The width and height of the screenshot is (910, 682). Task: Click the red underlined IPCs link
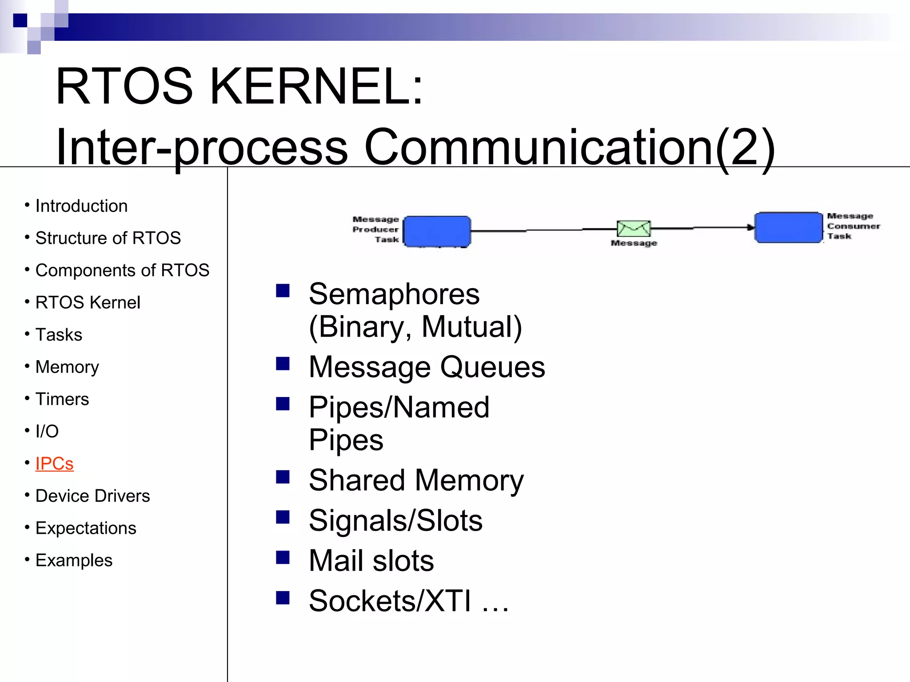[54, 464]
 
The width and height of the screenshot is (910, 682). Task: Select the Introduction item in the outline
[81, 206]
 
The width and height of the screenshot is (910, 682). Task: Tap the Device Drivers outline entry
[92, 496]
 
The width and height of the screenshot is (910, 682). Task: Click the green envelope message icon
[634, 229]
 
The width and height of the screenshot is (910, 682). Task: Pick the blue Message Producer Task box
[437, 231]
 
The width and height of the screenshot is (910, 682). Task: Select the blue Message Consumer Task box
[789, 227]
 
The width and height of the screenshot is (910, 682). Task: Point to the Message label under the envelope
[634, 243]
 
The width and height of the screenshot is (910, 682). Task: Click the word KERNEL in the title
[315, 86]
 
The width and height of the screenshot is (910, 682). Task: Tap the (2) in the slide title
[746, 147]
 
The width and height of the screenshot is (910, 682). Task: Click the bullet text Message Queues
[427, 367]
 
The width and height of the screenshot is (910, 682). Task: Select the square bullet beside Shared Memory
[283, 477]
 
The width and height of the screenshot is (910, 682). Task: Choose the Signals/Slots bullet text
[395, 520]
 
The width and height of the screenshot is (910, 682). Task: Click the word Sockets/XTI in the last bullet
[389, 601]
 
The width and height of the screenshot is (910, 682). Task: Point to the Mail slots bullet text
[371, 560]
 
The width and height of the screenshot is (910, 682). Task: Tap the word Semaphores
[394, 294]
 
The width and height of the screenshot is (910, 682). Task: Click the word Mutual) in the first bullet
[472, 327]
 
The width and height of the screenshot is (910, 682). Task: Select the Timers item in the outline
[62, 399]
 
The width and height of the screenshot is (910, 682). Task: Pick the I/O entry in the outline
[47, 431]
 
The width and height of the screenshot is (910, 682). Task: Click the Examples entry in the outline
[74, 560]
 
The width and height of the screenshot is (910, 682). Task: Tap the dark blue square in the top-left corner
[20, 20]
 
